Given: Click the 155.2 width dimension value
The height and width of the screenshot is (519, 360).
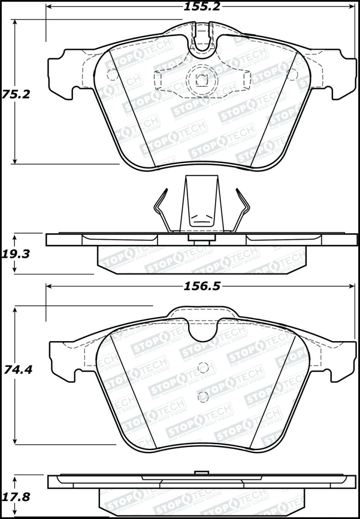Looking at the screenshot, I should point(202,7).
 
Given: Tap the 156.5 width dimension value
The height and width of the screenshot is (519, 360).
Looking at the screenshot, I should point(202,286).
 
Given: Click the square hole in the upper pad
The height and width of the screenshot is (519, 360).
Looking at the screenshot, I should point(201,81).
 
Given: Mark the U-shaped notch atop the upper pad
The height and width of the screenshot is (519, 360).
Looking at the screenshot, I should point(202,45).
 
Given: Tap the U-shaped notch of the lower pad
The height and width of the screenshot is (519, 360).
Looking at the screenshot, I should point(202,331).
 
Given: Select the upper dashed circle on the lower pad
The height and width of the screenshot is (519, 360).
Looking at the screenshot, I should point(203,368).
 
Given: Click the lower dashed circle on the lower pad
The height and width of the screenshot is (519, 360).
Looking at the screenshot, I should point(203,397).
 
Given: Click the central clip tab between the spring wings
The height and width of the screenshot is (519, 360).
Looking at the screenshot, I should point(202,203).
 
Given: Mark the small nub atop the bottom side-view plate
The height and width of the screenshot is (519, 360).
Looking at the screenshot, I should point(202,472).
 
